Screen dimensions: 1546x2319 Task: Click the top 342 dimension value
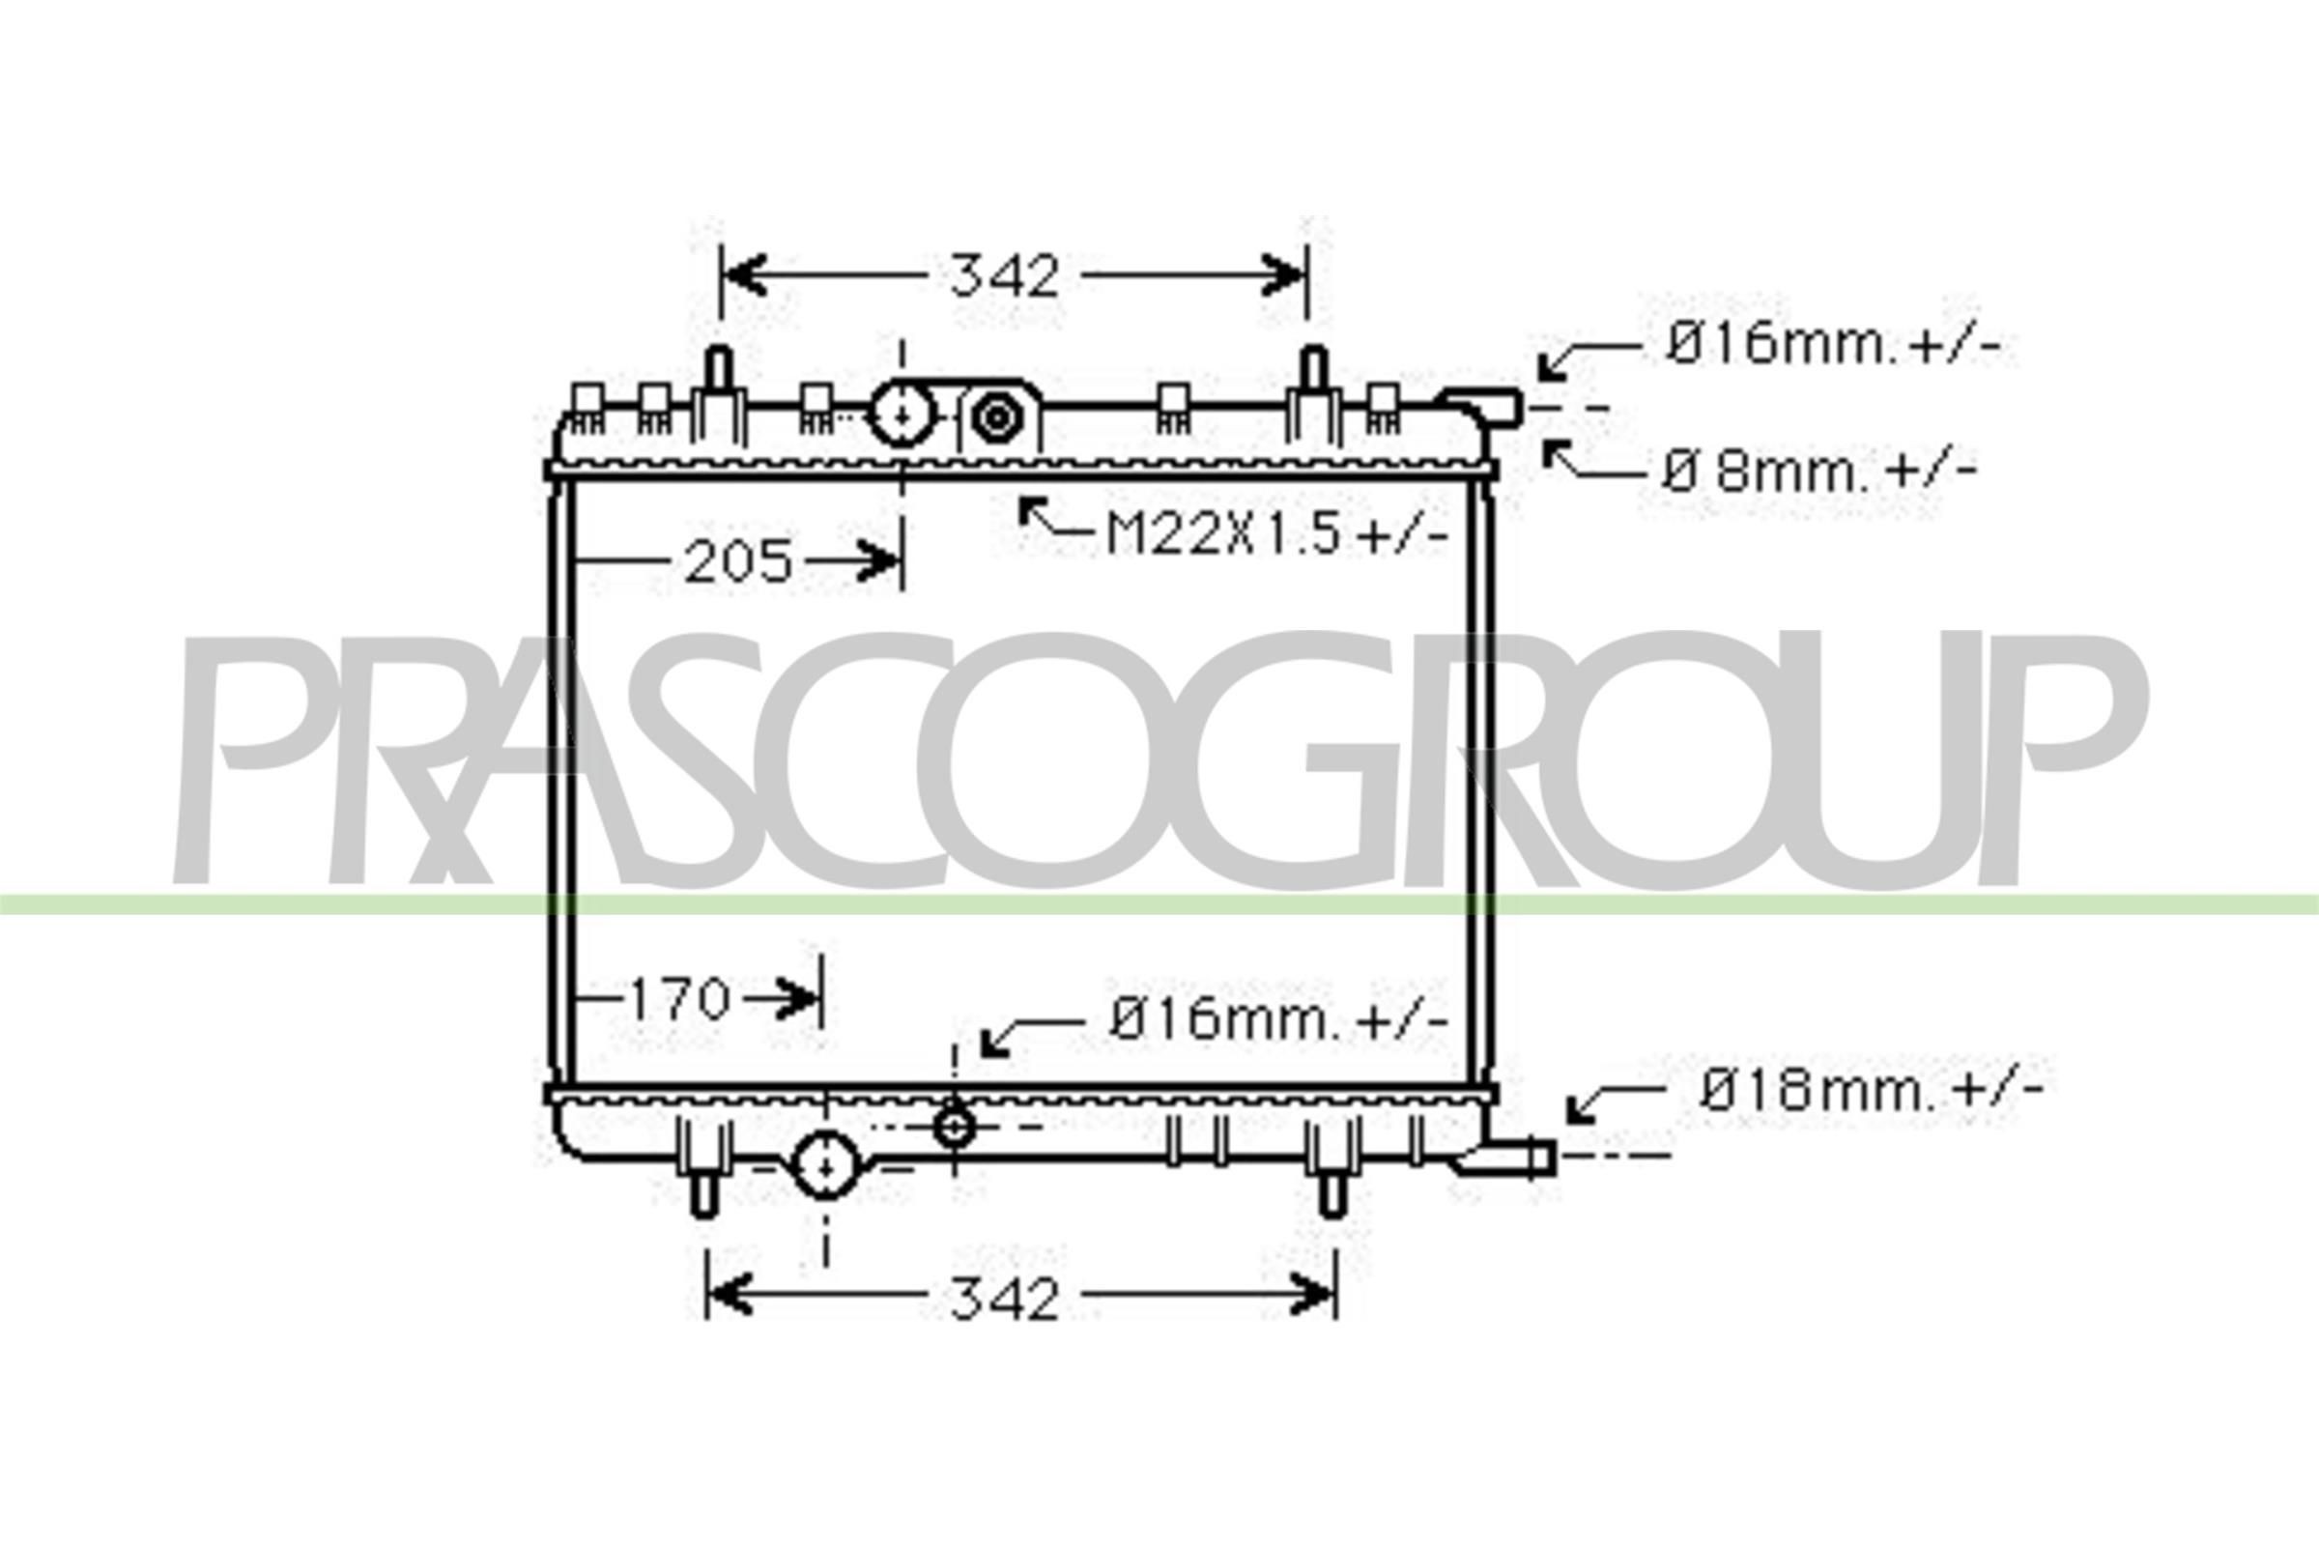1004,276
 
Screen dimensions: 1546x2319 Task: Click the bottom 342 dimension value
1004,1300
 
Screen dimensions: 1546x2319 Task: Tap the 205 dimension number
738,562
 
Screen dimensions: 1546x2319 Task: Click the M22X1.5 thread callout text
1276,536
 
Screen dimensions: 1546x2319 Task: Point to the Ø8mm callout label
1819,473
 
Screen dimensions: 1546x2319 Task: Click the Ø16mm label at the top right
1832,346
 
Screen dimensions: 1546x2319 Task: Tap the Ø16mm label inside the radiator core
1277,1019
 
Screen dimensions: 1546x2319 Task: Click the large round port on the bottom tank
826,1166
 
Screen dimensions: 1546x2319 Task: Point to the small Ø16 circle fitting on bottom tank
954,1126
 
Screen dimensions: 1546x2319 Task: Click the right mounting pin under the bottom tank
1332,1193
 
